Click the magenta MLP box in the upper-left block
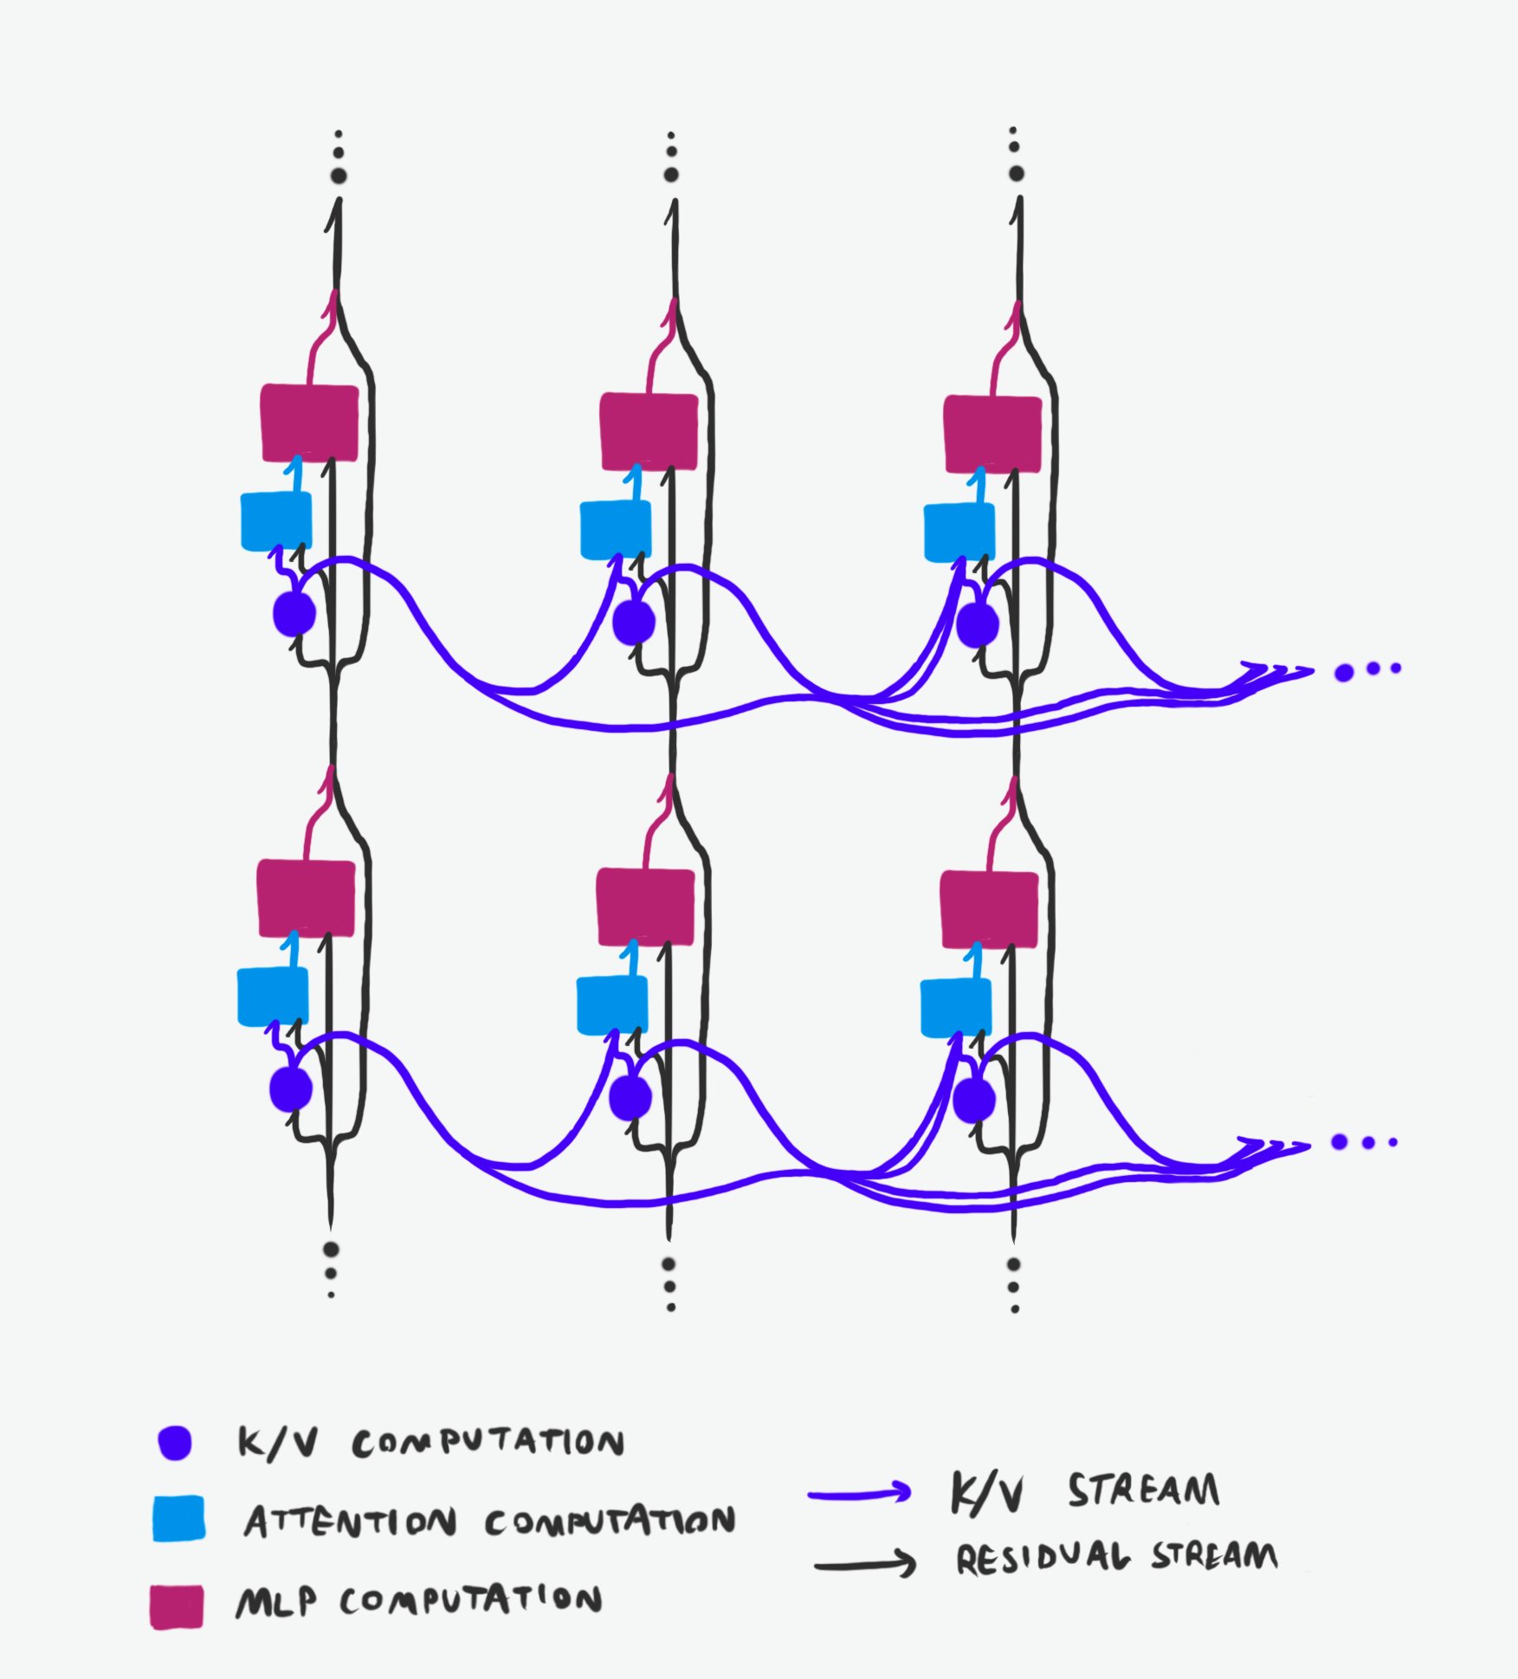pos(309,423)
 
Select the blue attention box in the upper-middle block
pos(615,529)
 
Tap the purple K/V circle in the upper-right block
pos(978,624)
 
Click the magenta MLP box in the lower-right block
pos(989,909)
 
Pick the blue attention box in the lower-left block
pos(273,996)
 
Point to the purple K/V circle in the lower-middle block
pos(630,1098)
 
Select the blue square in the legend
pos(178,1519)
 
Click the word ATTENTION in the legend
pos(350,1521)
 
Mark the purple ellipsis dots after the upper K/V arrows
pos(1367,670)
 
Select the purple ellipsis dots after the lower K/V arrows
pos(1364,1143)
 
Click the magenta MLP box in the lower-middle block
pos(646,907)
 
